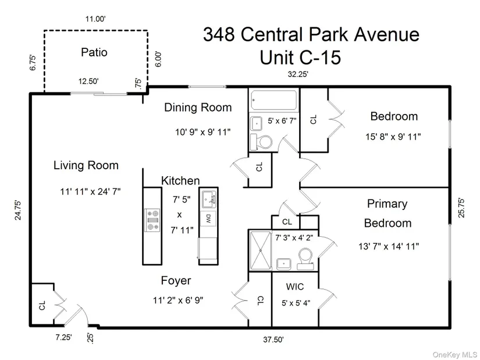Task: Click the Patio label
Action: (94, 52)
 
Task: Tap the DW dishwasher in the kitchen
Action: (208, 219)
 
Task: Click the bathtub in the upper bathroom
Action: (273, 101)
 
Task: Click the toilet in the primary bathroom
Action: (307, 258)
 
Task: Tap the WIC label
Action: (295, 287)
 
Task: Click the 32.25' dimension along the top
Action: (296, 74)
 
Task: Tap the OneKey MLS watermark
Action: (454, 354)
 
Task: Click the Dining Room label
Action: (198, 108)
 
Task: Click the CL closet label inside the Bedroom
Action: (314, 119)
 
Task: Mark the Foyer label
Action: (176, 281)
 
